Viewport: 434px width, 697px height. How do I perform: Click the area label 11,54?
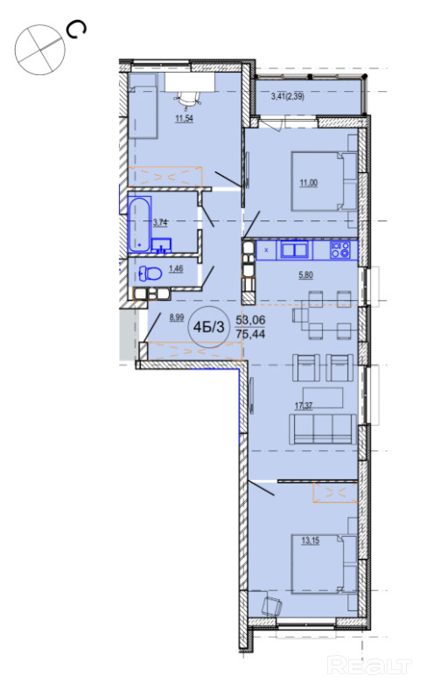click(x=184, y=119)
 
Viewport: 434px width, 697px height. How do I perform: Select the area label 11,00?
click(x=309, y=183)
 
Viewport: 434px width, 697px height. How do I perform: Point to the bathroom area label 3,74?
click(x=160, y=223)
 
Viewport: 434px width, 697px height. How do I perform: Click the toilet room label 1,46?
click(x=176, y=269)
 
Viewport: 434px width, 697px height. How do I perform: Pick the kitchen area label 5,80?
click(x=305, y=275)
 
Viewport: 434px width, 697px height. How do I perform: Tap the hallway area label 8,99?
click(x=177, y=317)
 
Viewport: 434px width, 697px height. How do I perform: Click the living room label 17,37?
click(x=304, y=406)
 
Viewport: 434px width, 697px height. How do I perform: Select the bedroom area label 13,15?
click(x=311, y=541)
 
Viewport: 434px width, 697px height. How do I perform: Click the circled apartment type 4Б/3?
click(x=208, y=327)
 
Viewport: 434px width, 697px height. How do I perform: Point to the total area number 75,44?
click(x=250, y=334)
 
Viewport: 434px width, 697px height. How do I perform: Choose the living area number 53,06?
click(x=250, y=320)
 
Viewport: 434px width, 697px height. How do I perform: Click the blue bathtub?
click(x=140, y=225)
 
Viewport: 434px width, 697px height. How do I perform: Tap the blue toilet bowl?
click(x=150, y=274)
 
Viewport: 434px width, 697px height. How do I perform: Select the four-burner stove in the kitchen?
click(x=339, y=250)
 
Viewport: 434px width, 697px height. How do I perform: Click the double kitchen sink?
click(x=294, y=249)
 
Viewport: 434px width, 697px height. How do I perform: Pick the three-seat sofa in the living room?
click(x=322, y=429)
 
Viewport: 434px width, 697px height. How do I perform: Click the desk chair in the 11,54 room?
click(x=187, y=99)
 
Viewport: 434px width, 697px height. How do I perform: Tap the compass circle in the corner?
click(x=40, y=49)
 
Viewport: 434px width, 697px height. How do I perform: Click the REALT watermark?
click(x=369, y=666)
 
